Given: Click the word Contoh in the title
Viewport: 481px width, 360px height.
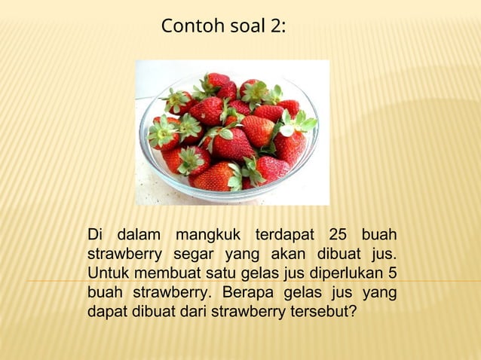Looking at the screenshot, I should (188, 27).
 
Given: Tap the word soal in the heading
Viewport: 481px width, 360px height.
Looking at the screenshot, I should (240, 27).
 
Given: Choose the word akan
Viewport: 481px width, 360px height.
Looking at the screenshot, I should (288, 253).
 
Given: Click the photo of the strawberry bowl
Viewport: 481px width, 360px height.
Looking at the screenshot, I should (232, 133).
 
